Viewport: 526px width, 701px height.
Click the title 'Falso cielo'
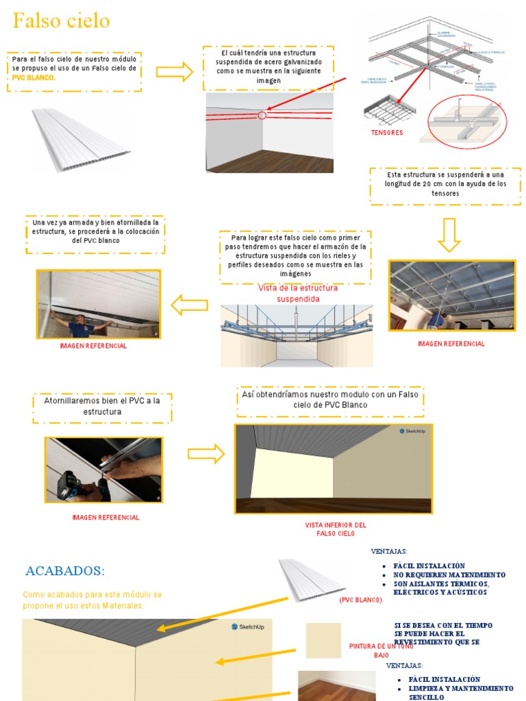62,21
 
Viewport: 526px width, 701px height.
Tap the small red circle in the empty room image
262,115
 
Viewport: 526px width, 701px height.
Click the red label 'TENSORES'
387,133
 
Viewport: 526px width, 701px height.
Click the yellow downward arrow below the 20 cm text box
449,235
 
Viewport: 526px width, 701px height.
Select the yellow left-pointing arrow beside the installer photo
189,305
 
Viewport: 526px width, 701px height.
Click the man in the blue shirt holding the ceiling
81,324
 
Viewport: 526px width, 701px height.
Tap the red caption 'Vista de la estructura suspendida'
297,294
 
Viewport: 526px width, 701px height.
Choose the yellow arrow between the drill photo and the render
206,453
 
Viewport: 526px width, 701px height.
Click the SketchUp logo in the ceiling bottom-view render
412,431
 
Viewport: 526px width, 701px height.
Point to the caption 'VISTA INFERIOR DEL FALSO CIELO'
336,528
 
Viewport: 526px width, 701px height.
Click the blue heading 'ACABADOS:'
65,571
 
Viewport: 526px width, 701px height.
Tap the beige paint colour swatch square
323,640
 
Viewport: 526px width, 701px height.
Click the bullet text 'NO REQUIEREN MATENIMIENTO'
449,575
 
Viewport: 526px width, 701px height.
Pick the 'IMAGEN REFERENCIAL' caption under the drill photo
105,518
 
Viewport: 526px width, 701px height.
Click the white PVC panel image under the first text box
81,139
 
